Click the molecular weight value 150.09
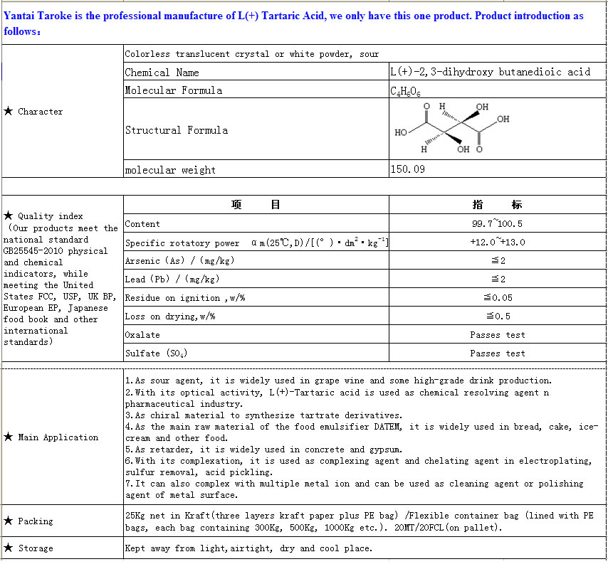[x=408, y=170]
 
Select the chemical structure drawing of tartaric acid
[x=452, y=129]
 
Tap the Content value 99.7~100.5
[x=497, y=224]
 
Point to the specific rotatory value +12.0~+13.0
[x=497, y=243]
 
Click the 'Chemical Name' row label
[x=162, y=73]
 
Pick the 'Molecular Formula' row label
[x=173, y=90]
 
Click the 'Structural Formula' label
[x=177, y=130]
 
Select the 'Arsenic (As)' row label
[x=179, y=261]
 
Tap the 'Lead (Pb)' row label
[x=172, y=280]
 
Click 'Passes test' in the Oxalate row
[x=497, y=335]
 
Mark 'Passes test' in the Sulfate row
[x=497, y=353]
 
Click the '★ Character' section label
[x=33, y=112]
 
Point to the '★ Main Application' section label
[x=51, y=437]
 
